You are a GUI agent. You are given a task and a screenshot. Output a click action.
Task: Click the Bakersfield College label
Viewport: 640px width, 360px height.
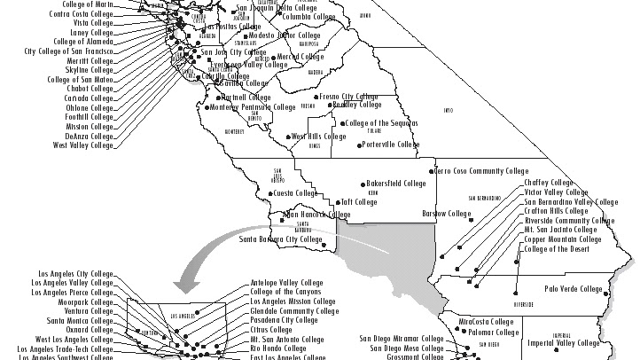click(x=396, y=184)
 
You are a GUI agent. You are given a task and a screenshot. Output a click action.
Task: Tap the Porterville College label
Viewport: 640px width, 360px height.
click(x=391, y=145)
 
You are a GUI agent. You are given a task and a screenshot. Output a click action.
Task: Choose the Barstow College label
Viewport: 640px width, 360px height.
click(x=447, y=214)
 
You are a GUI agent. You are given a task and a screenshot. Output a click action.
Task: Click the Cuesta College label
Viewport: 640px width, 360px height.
click(x=295, y=193)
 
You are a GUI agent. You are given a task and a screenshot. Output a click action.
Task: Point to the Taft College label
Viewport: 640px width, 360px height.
click(x=359, y=202)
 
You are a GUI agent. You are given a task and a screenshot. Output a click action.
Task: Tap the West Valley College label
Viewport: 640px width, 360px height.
click(x=83, y=145)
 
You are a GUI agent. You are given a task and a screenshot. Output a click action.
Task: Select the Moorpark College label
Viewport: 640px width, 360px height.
click(x=86, y=301)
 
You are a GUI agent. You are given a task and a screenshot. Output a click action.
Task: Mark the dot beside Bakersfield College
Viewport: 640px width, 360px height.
click(x=363, y=184)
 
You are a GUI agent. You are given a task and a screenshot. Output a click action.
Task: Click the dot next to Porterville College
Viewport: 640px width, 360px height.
click(x=358, y=145)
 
